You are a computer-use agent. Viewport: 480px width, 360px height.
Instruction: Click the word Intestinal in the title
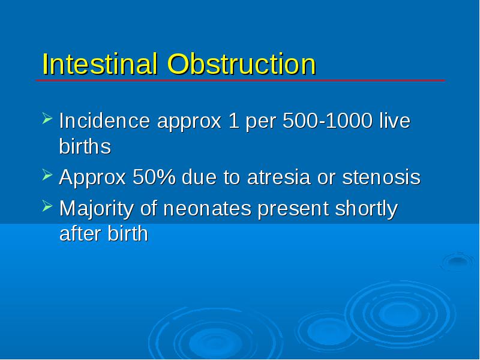pos(100,64)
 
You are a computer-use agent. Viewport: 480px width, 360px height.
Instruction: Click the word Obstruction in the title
pos(242,64)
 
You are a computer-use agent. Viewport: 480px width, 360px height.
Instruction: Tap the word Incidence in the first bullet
pos(104,121)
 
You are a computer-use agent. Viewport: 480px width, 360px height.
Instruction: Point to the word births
pos(85,146)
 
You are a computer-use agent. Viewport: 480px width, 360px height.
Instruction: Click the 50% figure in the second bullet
pos(154,177)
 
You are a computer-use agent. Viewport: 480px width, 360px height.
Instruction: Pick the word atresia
pos(278,178)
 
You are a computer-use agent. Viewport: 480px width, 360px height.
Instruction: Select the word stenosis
pos(382,178)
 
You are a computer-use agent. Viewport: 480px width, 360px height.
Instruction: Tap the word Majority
pos(97,209)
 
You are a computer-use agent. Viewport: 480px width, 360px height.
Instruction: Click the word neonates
pos(207,209)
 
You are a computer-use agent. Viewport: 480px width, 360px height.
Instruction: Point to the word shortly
pos(367,209)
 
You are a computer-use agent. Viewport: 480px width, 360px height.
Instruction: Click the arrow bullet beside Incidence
pos(47,118)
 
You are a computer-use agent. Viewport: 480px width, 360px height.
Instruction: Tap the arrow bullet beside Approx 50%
pos(47,175)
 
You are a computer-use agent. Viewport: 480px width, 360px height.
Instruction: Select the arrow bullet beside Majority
pos(47,206)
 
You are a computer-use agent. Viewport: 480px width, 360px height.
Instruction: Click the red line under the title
pos(241,80)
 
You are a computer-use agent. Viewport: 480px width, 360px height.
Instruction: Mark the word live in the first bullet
pos(395,121)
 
